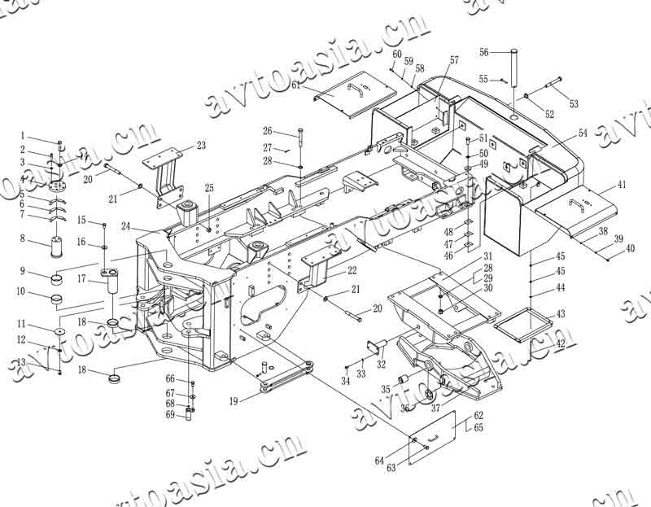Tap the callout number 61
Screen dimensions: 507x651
click(295, 84)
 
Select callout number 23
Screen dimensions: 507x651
click(201, 146)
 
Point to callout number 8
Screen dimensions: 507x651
click(23, 239)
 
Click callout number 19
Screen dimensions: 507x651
click(234, 401)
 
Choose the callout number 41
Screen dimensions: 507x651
click(622, 186)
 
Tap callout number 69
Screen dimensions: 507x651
click(170, 415)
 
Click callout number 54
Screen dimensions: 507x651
click(583, 132)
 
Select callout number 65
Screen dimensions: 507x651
click(478, 427)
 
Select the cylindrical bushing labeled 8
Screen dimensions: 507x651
click(58, 247)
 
